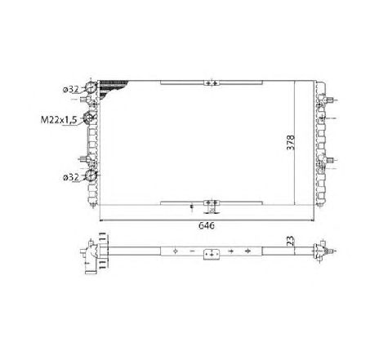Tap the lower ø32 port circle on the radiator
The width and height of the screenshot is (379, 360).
[91, 176]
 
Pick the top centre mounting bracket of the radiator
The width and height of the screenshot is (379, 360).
[210, 82]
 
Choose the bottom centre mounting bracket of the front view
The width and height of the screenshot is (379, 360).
[210, 202]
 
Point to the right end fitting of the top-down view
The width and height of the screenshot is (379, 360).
[324, 251]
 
